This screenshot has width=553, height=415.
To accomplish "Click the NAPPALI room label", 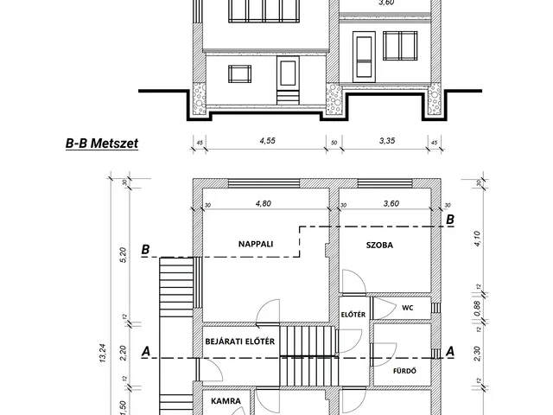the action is (256, 244).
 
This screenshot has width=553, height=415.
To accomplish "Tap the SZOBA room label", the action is (379, 245).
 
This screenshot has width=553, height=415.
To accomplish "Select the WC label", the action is (408, 308).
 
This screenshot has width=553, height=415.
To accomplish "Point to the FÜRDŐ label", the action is (404, 371).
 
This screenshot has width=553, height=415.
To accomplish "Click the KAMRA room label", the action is (226, 401).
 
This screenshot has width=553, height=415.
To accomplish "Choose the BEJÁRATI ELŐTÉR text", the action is (240, 342).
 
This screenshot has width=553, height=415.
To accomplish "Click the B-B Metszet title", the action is (102, 144).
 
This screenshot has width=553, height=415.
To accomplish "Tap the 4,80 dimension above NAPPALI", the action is (263, 203).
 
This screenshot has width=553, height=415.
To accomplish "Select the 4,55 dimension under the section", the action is (267, 140).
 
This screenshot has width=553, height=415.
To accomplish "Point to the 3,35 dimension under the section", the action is (387, 140).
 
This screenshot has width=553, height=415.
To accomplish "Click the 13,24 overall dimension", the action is (103, 354).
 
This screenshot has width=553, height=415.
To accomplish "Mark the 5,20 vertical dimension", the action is (123, 255).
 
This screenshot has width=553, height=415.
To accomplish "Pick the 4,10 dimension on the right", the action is (477, 239).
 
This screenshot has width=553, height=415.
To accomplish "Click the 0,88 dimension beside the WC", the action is (477, 309).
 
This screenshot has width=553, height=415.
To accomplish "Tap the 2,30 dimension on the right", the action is (477, 354).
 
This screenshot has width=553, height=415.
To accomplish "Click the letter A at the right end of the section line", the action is (450, 352).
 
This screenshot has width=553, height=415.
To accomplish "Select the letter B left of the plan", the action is (145, 250).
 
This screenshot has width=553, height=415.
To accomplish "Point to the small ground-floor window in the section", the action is (240, 73).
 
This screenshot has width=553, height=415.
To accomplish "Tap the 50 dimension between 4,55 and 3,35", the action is (334, 143).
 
